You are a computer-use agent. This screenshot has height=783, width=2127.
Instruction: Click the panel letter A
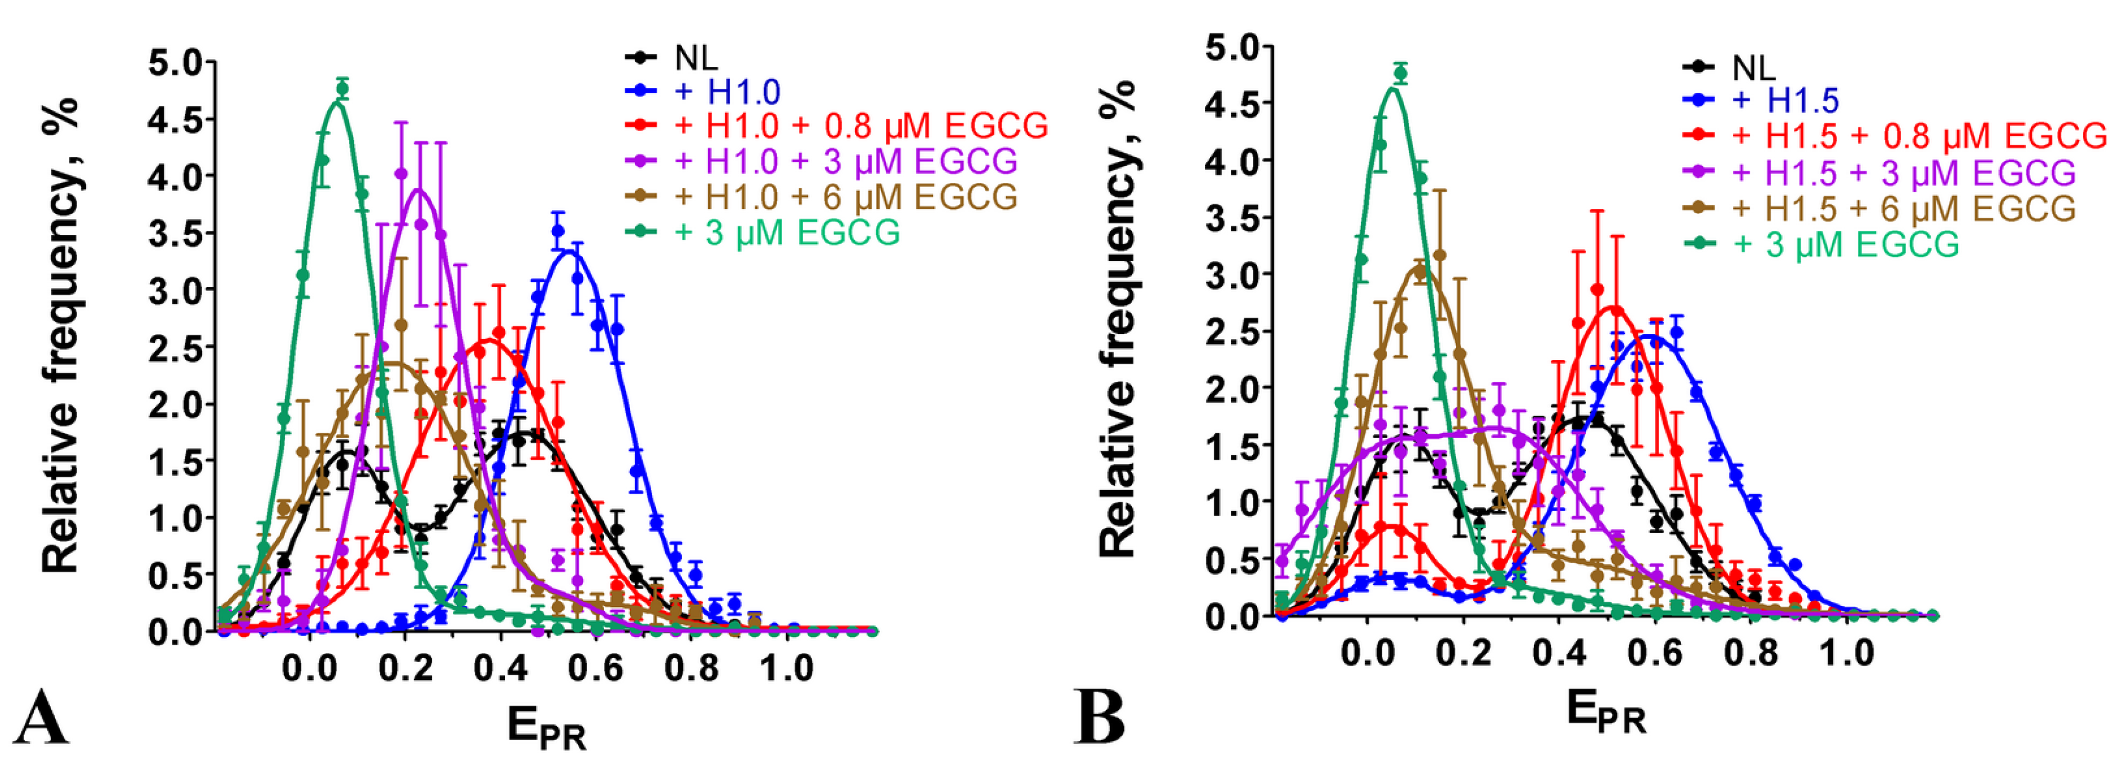[x=41, y=719]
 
